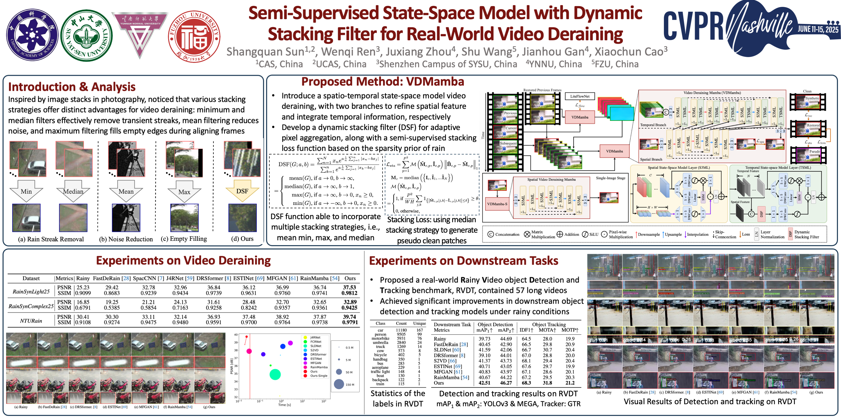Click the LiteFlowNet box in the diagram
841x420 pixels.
[580, 96]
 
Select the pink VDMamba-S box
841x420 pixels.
[497, 204]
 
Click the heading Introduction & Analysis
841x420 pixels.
[72, 87]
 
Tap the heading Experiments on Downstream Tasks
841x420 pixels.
[464, 261]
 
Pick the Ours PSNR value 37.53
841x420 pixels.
[349, 287]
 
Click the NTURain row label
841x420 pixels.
[31, 320]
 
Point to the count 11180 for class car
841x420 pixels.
[401, 330]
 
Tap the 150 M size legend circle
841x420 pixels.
[339, 384]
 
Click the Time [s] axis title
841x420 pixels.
[284, 405]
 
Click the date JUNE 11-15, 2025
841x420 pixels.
[818, 29]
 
